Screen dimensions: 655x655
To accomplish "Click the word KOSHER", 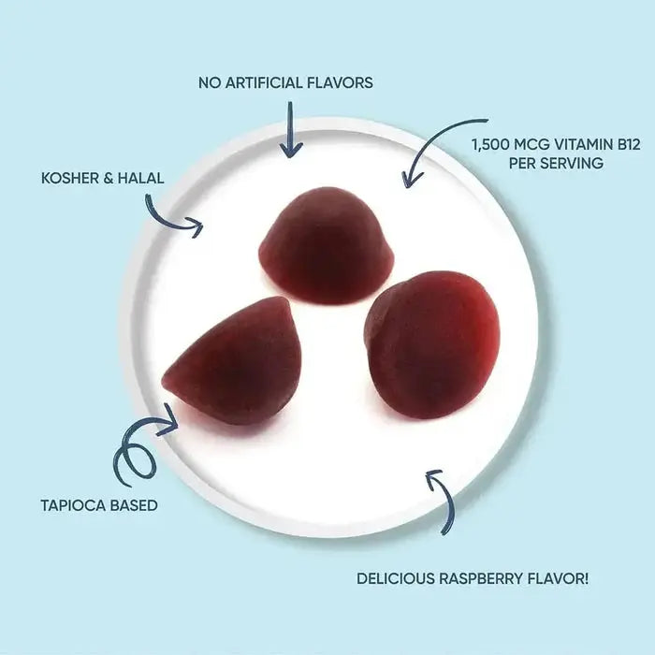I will [x=67, y=177].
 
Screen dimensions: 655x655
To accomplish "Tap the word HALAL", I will [x=137, y=177].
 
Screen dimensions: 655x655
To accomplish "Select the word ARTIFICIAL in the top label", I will [x=267, y=82].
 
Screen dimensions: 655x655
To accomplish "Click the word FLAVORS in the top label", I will [x=340, y=82].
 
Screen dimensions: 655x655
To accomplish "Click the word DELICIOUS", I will [x=396, y=579].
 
